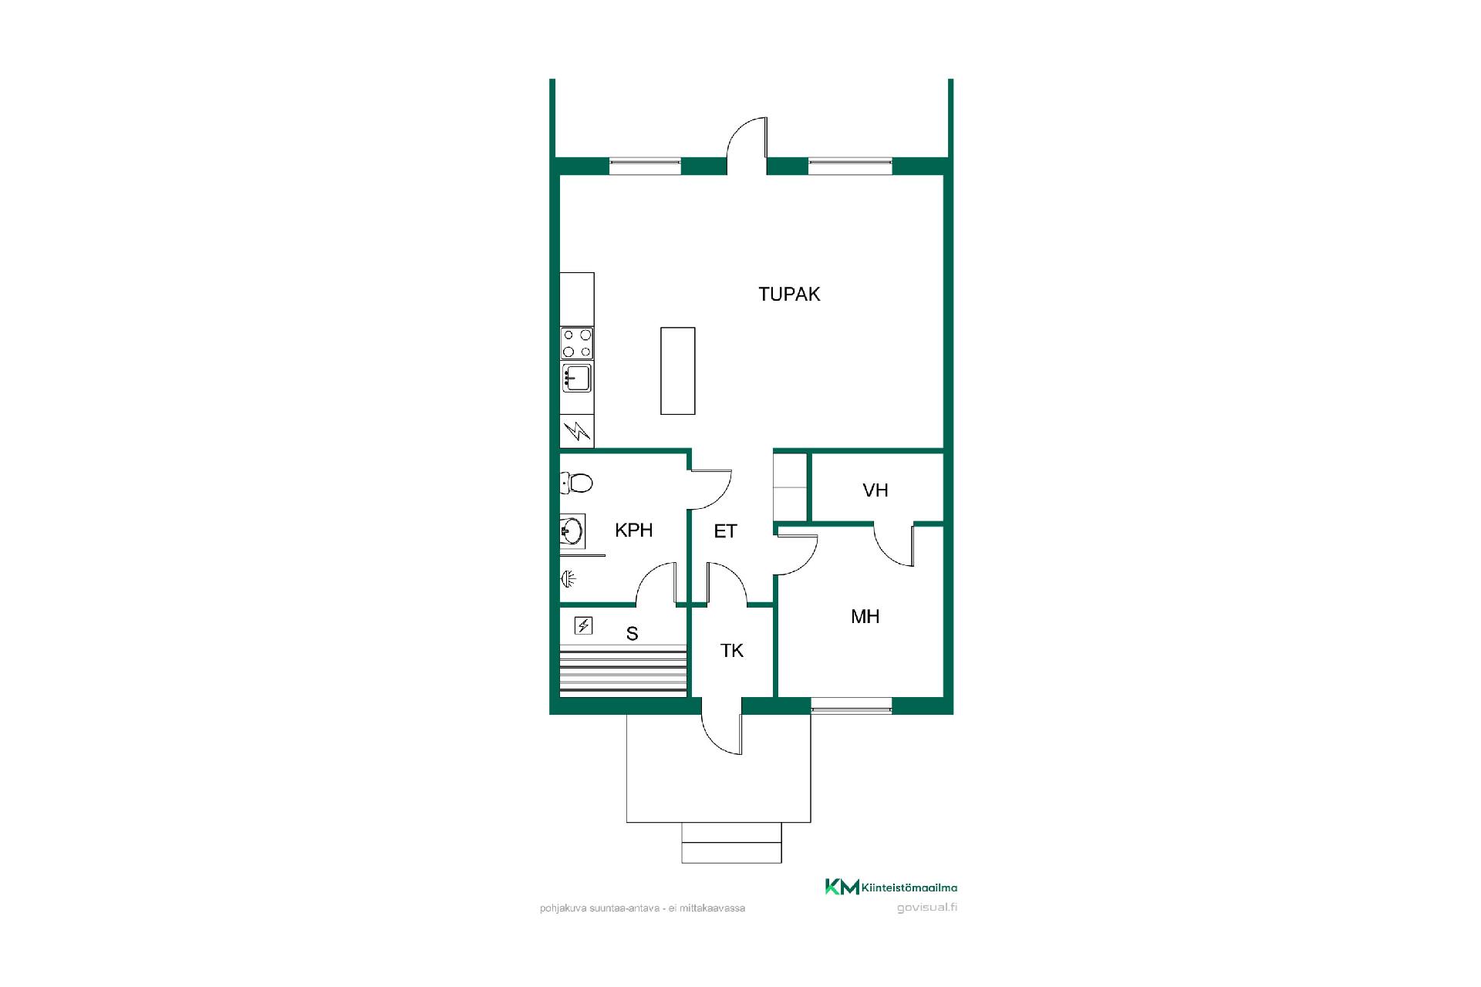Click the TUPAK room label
(x=789, y=294)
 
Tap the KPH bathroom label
(x=634, y=530)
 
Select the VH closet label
(x=875, y=490)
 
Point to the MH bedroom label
(x=865, y=616)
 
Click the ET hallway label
(x=725, y=531)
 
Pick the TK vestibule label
(x=732, y=651)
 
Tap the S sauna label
(x=633, y=634)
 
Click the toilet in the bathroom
(x=576, y=483)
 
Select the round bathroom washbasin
(x=572, y=531)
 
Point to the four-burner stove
(x=577, y=343)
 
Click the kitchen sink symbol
(x=577, y=379)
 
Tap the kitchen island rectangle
(x=678, y=371)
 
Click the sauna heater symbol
(x=584, y=625)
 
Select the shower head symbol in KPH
(x=568, y=578)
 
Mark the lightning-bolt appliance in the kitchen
(x=577, y=431)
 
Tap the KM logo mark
(x=842, y=887)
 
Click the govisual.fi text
(x=927, y=908)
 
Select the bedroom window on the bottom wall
(x=852, y=703)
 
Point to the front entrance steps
(x=731, y=842)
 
